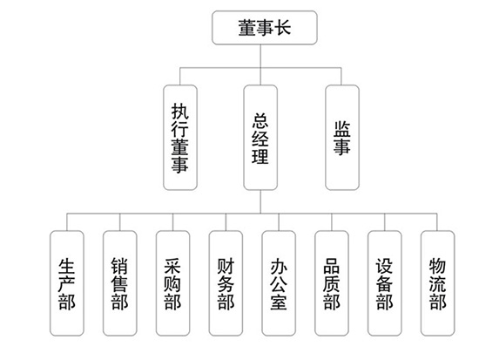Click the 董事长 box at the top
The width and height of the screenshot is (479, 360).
pos(265,28)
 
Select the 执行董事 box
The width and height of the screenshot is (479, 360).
pos(180,138)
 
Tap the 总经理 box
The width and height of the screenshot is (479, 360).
pos(260,138)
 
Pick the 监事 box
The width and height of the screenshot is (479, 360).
pos(342,138)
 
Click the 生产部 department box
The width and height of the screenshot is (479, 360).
pos(67,283)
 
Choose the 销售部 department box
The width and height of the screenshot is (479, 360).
pos(120,283)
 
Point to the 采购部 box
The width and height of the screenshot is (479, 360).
pos(173,283)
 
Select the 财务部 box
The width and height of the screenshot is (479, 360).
pos(226,283)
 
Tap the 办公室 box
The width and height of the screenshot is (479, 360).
pos(279,283)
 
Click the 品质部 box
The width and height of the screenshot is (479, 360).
pos(332,283)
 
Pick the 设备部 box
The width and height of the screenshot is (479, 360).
pos(385,283)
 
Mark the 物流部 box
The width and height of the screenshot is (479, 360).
pos(437,283)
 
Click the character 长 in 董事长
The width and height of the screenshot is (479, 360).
pos(282,28)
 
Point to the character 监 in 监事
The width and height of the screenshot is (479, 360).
pos(342,129)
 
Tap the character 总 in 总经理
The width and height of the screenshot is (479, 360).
pos(260,120)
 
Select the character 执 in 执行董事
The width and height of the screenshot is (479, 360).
pos(180,112)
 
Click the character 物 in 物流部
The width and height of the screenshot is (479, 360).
pos(437,266)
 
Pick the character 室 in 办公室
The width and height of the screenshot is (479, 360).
pos(279,302)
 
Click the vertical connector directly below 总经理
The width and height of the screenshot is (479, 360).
pos(260,202)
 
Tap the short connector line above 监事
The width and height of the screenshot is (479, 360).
pos(341,76)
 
